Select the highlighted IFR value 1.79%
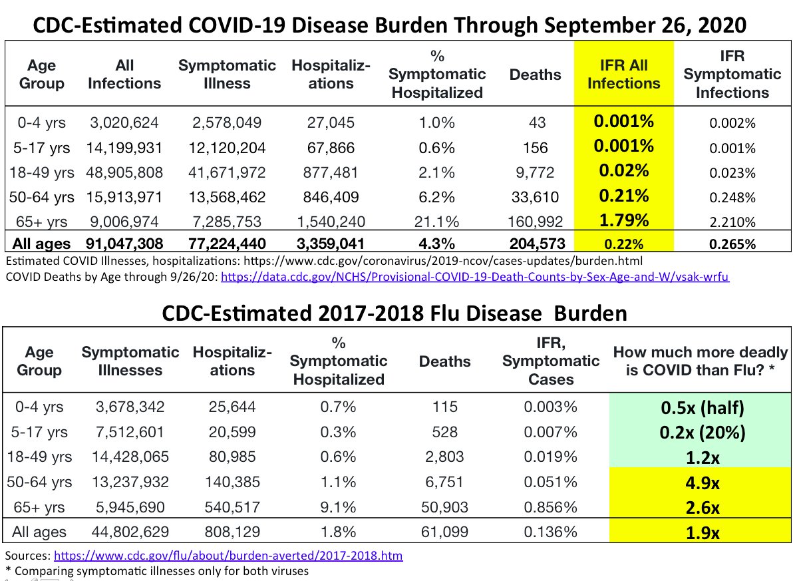pyautogui.click(x=623, y=220)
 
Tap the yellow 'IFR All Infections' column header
pyautogui.click(x=623, y=75)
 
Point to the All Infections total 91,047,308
pyautogui.click(x=124, y=244)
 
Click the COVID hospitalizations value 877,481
pyautogui.click(x=331, y=172)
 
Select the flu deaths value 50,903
pyautogui.click(x=444, y=507)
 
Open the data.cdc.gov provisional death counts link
pyautogui.click(x=475, y=277)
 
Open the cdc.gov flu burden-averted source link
pyautogui.click(x=228, y=555)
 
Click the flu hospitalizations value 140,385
pyautogui.click(x=232, y=483)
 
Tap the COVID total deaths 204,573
pyautogui.click(x=536, y=244)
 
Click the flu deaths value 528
pyautogui.click(x=444, y=433)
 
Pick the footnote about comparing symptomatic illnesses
pyautogui.click(x=157, y=570)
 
